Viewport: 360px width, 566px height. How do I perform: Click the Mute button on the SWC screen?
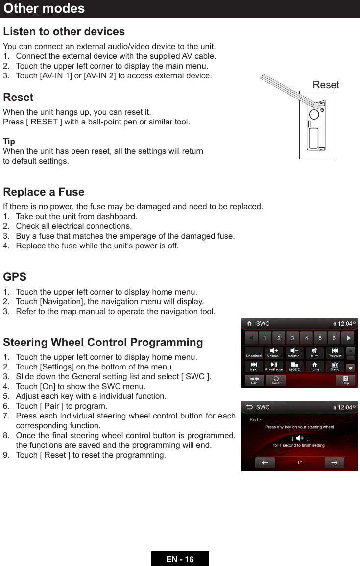314,353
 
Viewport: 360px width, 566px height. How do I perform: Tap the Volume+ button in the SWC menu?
274,353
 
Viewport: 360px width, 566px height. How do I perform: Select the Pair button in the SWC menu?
254,380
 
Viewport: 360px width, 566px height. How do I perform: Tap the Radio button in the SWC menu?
335,367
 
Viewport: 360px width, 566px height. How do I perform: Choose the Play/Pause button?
274,367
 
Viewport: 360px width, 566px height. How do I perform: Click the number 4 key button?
307,338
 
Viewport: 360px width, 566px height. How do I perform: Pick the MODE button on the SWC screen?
294,367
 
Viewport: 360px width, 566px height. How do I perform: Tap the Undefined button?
254,353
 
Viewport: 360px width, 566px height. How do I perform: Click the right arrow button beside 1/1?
335,463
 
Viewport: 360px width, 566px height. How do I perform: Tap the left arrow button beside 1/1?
264,463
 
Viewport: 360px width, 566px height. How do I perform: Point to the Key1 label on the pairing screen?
255,419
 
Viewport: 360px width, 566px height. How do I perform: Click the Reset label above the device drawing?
326,85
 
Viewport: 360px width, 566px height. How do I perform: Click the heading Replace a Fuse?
44,192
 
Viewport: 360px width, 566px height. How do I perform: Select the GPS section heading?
15,277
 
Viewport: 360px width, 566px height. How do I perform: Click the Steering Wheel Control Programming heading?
103,342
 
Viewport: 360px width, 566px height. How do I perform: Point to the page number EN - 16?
180,559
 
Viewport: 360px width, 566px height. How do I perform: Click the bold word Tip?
9,141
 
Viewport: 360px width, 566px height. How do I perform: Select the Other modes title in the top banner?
44,8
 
